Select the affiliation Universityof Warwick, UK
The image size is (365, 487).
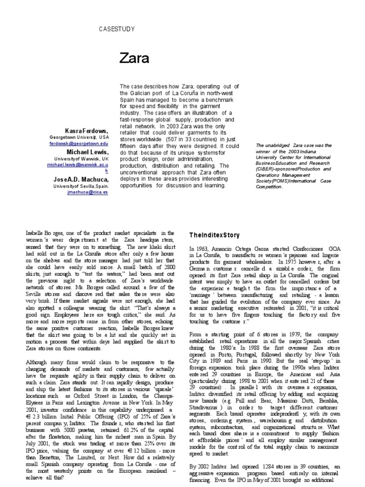(x=81, y=158)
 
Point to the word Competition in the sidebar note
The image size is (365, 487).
(x=269, y=187)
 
